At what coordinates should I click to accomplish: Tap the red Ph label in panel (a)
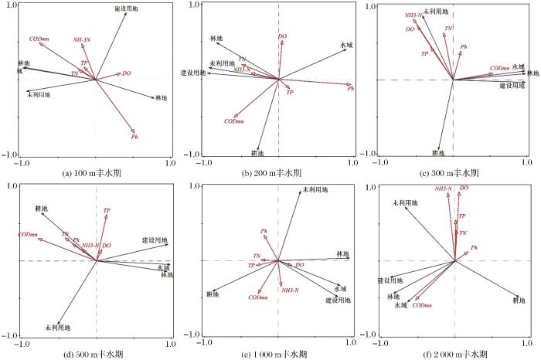coord(134,136)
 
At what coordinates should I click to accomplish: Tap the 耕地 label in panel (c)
coord(438,153)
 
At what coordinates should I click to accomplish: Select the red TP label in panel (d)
coord(107,210)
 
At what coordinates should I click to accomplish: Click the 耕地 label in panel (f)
coord(522,302)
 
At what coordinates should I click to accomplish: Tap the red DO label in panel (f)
coord(464,188)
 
